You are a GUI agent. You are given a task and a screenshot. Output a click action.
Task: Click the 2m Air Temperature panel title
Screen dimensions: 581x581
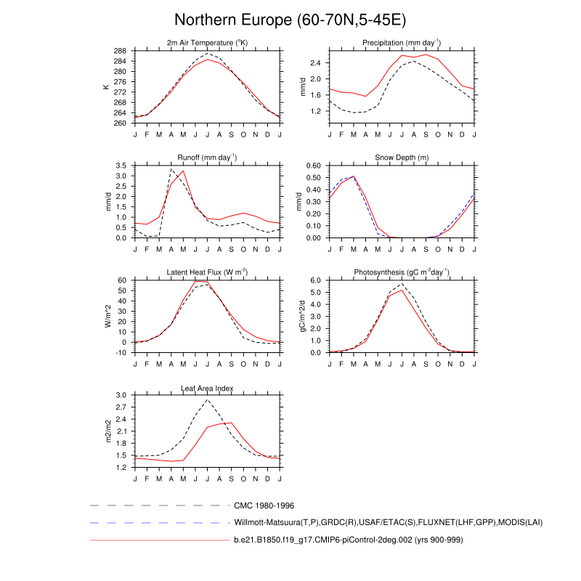click(x=207, y=43)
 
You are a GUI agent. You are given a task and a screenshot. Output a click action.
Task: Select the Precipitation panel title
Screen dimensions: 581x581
click(x=402, y=43)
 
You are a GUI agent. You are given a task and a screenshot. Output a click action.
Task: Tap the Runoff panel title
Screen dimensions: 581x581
click(x=207, y=158)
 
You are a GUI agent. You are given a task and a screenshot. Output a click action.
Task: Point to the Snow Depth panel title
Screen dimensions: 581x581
click(x=402, y=158)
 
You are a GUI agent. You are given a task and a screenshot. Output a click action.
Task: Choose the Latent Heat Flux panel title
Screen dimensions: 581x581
click(x=207, y=272)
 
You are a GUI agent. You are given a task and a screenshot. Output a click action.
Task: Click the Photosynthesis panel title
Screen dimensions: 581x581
click(x=402, y=272)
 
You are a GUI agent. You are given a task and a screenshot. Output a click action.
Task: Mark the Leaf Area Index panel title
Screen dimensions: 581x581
click(x=207, y=388)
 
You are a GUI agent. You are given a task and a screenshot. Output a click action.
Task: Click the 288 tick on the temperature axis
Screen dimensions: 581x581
click(x=121, y=51)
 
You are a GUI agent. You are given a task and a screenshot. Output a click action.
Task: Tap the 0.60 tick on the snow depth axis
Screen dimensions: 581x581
click(x=313, y=166)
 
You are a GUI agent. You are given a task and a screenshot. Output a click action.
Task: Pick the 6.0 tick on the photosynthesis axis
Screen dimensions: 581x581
click(x=315, y=280)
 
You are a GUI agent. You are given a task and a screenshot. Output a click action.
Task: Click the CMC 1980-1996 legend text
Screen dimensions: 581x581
click(x=264, y=505)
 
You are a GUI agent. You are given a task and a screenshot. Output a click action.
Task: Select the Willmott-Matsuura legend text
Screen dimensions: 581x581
click(x=389, y=522)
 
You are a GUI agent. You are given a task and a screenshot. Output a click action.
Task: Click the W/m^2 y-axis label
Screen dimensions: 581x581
click(x=106, y=316)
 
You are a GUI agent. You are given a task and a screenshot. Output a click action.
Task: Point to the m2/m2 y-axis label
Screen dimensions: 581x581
click(x=106, y=431)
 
